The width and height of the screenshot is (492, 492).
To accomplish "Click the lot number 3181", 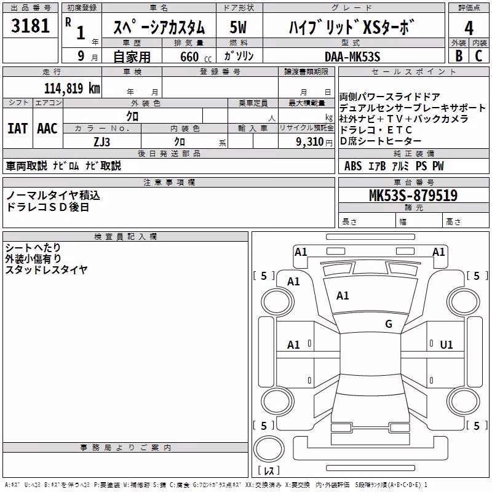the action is [30, 26].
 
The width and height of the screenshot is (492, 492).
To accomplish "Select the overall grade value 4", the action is [469, 28].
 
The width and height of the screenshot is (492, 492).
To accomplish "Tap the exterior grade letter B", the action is [459, 56].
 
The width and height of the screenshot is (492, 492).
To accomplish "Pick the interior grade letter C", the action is [478, 56].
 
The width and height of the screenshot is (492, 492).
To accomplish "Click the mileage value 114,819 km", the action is [72, 89].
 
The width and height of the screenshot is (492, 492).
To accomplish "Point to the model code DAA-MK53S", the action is [352, 57].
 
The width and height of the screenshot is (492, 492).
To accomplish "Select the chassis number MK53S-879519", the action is [413, 196].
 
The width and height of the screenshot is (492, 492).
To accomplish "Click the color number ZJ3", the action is [101, 142].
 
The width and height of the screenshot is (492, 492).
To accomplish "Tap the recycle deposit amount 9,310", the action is [310, 142].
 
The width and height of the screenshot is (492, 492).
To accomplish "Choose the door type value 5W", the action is [238, 27].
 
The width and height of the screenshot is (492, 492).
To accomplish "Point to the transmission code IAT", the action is [17, 129].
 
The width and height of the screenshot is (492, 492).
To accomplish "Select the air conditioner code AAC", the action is [47, 129].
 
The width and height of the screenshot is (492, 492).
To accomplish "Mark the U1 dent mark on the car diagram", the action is [446, 345].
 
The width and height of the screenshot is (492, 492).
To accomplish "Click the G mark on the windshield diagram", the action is [389, 323].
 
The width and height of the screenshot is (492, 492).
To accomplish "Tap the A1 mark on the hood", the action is [343, 296].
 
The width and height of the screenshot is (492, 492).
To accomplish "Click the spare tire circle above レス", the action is [269, 449].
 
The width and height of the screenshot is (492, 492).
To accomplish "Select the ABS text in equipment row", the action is [353, 166].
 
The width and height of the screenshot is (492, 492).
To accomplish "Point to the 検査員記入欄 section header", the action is [125, 237].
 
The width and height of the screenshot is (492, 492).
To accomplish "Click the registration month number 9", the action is [81, 56].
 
